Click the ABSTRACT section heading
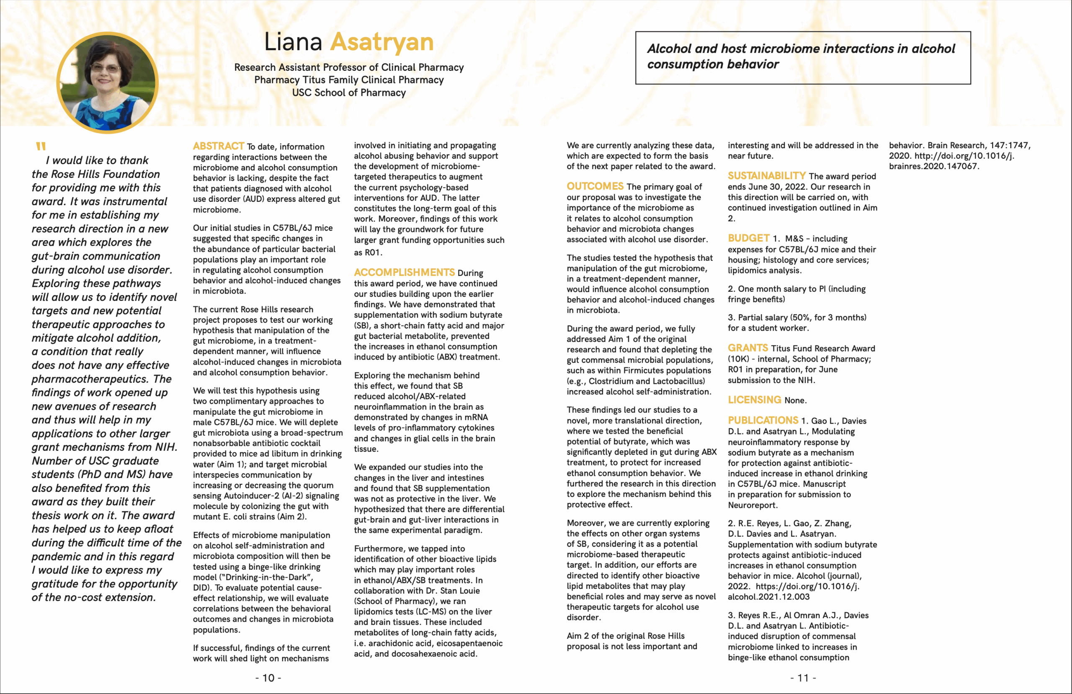coord(218,146)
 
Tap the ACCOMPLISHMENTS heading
coord(404,272)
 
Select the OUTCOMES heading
coord(595,186)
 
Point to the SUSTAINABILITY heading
coord(766,176)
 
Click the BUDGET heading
coord(748,238)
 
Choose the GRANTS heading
coord(748,348)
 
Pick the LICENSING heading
coord(754,399)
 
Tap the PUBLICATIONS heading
coord(763,420)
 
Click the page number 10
coord(268,678)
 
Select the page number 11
coord(803,678)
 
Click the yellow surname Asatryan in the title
coord(381,42)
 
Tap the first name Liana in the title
coord(293,42)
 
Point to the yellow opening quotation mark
coord(41,147)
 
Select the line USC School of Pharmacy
coord(349,93)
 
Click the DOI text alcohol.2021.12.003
coord(768,597)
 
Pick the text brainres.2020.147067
coord(933,166)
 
